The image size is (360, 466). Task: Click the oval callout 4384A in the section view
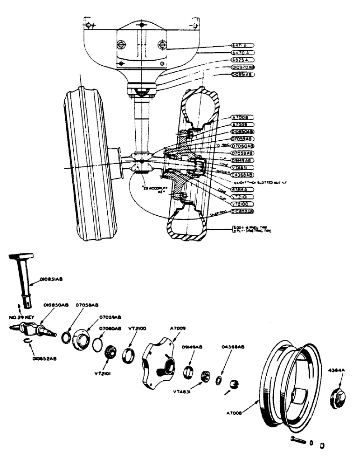coord(242,190)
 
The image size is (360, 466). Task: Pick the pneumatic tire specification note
coord(252,229)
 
